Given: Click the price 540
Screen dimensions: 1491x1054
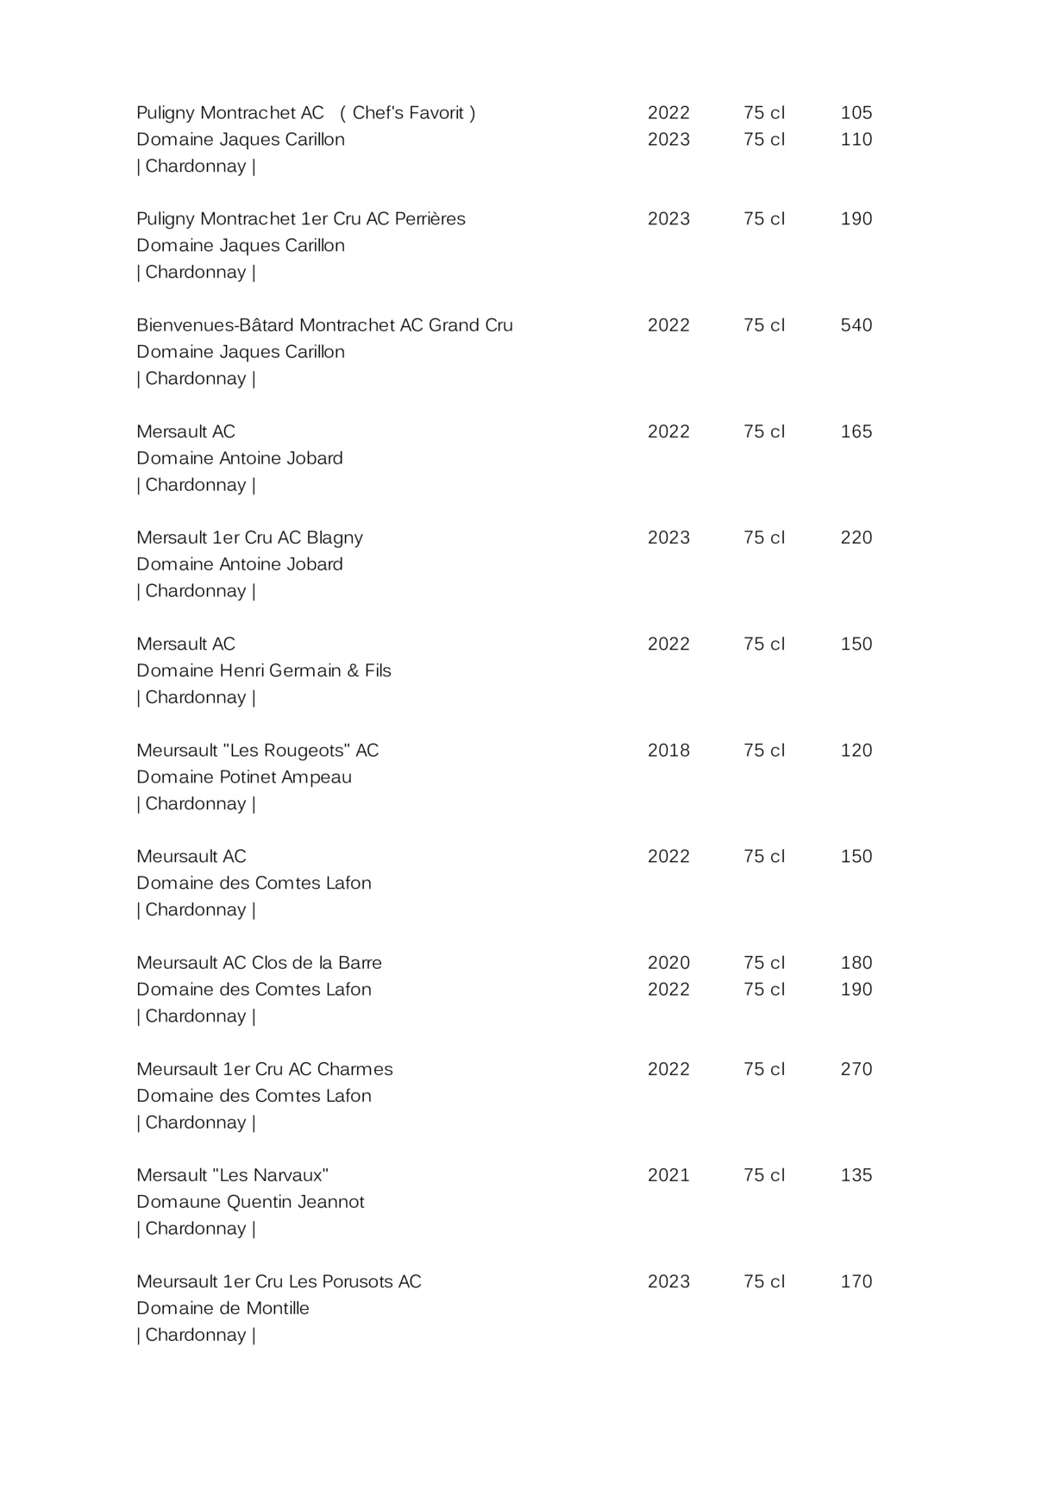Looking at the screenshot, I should pyautogui.click(x=856, y=325).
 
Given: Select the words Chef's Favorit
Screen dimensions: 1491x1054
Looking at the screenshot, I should pyautogui.click(x=408, y=113).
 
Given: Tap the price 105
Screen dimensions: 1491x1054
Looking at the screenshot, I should pyautogui.click(x=856, y=113).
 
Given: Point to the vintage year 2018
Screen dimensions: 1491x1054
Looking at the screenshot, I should pyautogui.click(x=668, y=751).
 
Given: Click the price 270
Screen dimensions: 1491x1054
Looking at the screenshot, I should pyautogui.click(x=856, y=1069).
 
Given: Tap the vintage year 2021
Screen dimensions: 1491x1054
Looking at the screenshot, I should pyautogui.click(x=668, y=1175).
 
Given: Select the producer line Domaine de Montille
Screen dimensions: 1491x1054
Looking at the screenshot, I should pyautogui.click(x=223, y=1308).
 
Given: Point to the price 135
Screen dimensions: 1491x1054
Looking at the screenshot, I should pyautogui.click(x=856, y=1175).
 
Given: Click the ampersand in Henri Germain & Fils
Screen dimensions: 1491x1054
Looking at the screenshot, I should pyautogui.click(x=353, y=670).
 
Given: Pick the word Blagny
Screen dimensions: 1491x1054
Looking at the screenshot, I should pyautogui.click(x=335, y=538).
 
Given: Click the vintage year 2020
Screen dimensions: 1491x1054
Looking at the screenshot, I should pyautogui.click(x=668, y=963).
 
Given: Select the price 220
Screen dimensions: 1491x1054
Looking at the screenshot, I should pyautogui.click(x=856, y=538).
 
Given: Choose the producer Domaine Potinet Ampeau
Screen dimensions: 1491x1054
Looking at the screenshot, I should pyautogui.click(x=244, y=777).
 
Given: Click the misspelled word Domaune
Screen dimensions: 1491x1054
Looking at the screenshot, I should pyautogui.click(x=178, y=1202).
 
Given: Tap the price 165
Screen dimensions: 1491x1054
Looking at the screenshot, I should pyautogui.click(x=856, y=431).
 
